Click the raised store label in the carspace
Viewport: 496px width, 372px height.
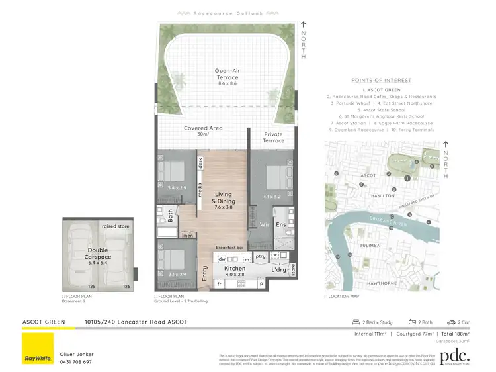coord(116,226)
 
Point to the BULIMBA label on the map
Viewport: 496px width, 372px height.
coord(370,245)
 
